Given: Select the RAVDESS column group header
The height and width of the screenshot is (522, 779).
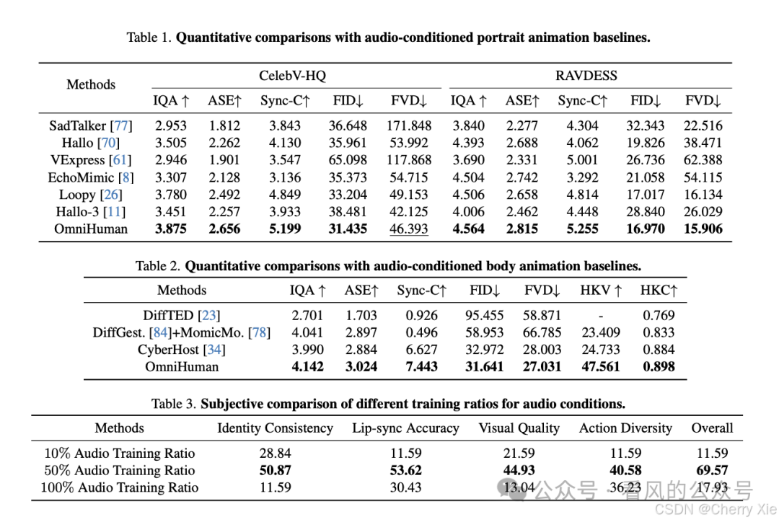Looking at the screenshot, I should [586, 75].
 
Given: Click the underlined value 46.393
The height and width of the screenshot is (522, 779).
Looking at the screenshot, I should [409, 229].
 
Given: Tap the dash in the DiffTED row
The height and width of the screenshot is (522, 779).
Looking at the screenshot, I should [601, 315].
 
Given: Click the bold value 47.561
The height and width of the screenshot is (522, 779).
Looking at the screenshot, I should [601, 366].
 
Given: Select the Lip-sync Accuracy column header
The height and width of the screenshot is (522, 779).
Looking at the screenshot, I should [405, 428].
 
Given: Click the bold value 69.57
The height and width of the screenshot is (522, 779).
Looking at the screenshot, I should [711, 471].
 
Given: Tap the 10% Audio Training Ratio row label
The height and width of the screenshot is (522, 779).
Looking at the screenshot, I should [120, 454].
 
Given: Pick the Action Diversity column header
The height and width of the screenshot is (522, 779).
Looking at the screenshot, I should [625, 428].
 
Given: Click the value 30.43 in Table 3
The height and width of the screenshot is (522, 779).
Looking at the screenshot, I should [405, 487].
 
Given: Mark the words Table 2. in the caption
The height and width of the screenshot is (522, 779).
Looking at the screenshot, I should [158, 266].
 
